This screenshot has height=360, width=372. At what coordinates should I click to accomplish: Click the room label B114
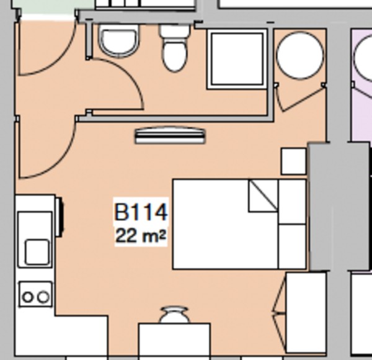[141, 212]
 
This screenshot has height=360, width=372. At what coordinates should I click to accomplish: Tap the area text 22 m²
[141, 236]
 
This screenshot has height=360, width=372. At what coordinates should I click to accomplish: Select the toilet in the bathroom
[174, 48]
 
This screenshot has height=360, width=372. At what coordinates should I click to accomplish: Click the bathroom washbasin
[119, 40]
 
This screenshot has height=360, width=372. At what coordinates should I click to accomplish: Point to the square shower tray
[238, 58]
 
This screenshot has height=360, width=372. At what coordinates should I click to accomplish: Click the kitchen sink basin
[37, 251]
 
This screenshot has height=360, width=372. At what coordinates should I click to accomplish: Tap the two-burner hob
[35, 296]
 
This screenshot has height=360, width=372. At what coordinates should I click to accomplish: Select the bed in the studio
[239, 224]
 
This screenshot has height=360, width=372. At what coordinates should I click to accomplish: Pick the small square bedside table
[293, 161]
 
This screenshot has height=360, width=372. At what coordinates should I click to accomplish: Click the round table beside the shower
[299, 55]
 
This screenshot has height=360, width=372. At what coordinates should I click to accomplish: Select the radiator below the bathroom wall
[169, 135]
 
